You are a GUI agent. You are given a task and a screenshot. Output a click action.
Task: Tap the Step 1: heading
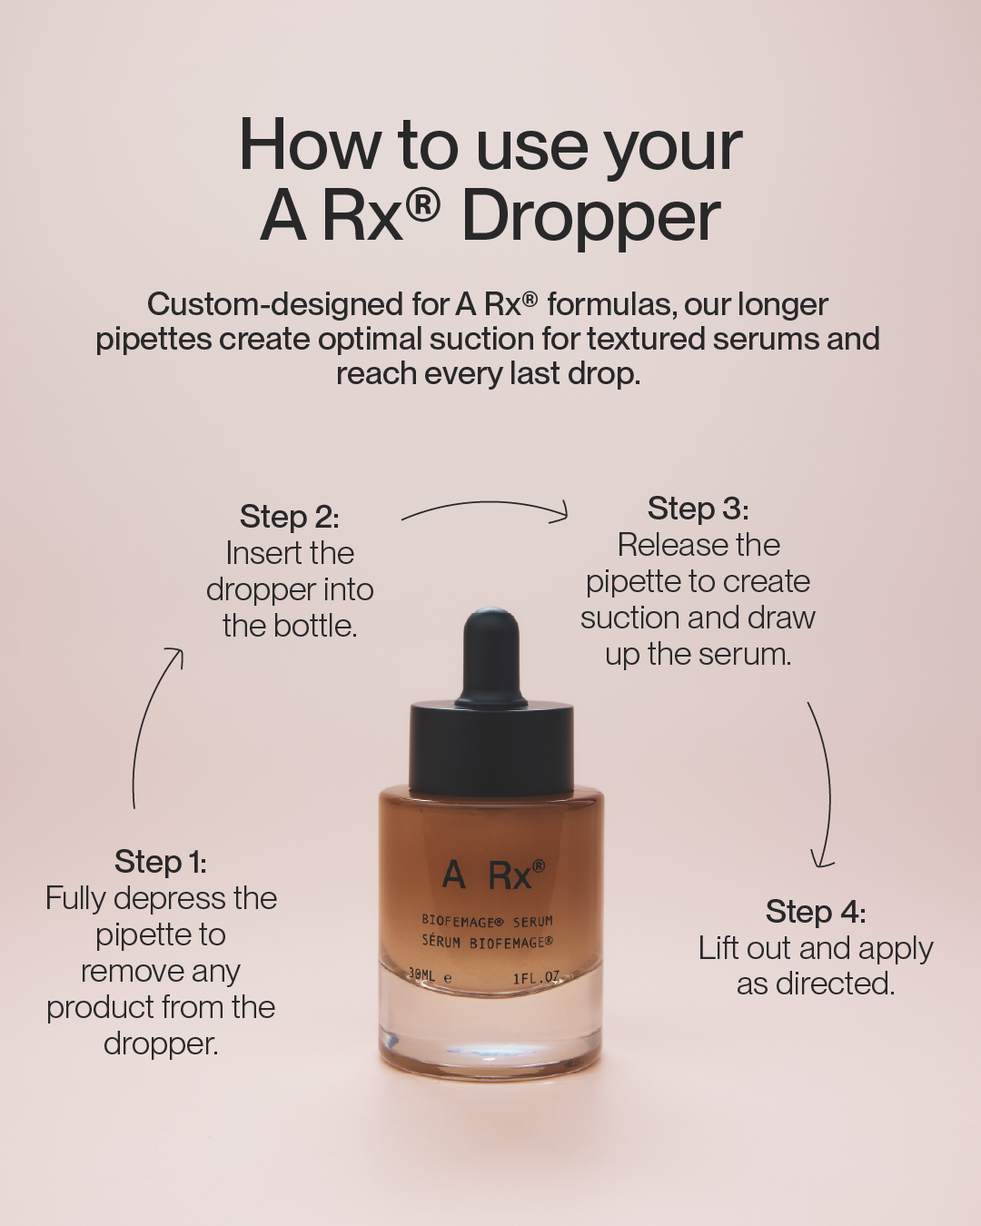[160, 862]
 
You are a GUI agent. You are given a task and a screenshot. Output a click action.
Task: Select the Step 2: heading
[289, 517]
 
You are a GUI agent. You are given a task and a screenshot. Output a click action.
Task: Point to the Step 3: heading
[698, 509]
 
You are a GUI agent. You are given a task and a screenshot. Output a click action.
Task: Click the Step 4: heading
[815, 911]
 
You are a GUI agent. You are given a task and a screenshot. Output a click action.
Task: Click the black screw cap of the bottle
[492, 746]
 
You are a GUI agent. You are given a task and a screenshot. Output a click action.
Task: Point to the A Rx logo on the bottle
[493, 875]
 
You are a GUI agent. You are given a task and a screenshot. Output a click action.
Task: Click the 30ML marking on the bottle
[421, 975]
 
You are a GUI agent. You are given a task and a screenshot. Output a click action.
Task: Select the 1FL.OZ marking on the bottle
[537, 977]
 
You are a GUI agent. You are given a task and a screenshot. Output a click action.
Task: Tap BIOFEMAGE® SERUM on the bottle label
[488, 921]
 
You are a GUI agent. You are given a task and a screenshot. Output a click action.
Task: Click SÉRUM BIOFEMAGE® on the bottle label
[488, 942]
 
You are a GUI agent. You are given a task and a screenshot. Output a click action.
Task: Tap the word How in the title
[309, 145]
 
